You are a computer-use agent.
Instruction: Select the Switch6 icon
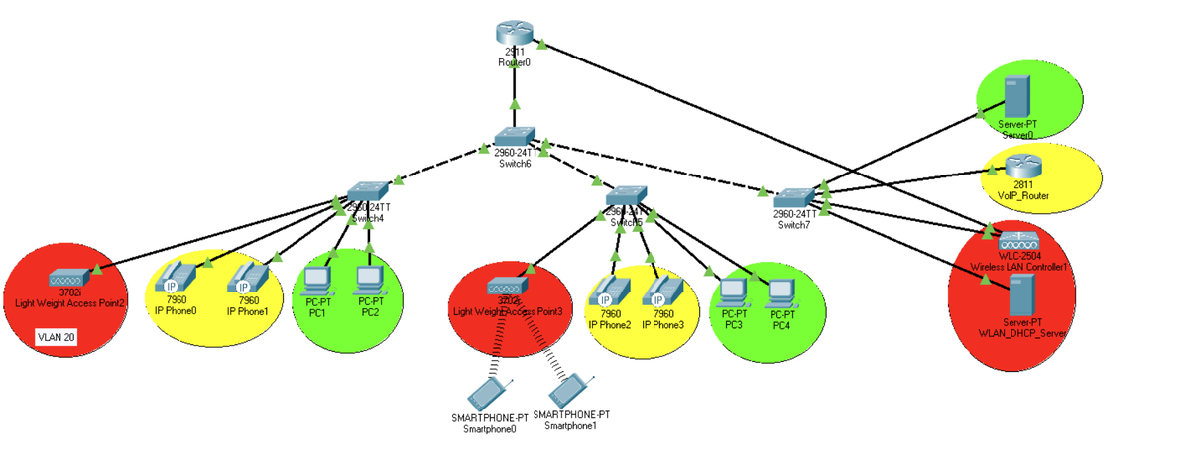coord(515,138)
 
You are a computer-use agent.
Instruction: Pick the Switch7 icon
coord(795,198)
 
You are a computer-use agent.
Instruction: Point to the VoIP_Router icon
coord(1019,170)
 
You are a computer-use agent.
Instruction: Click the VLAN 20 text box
coord(57,337)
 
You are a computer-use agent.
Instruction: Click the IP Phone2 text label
coord(609,324)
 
